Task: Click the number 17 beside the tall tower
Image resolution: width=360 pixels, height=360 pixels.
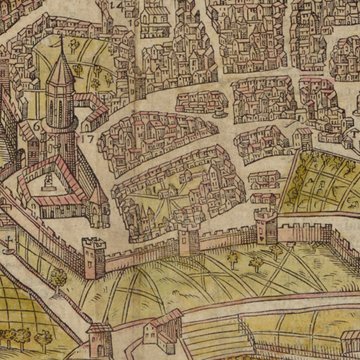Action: pos(87,135)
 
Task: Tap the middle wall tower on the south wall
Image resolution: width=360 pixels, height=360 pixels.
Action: pos(191,240)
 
